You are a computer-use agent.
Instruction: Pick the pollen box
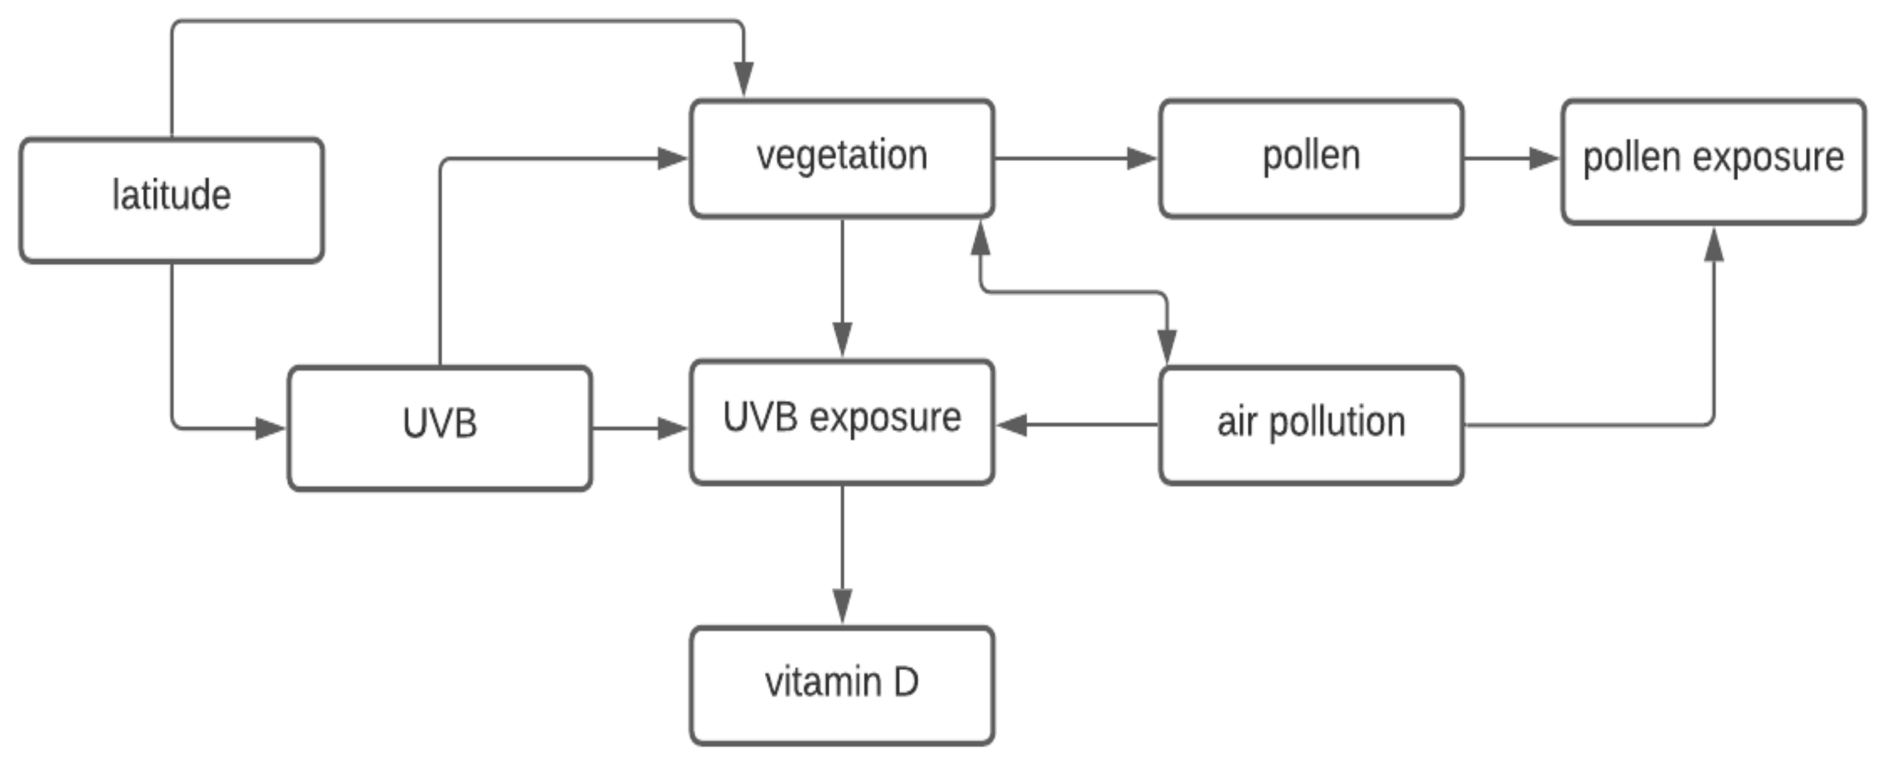pos(1311,157)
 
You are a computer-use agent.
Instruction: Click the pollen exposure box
pos(1713,161)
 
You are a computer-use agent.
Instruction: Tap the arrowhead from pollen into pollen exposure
pos(1544,158)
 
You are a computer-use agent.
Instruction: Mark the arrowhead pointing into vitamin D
pos(842,606)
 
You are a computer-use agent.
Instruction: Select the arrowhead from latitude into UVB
pos(270,428)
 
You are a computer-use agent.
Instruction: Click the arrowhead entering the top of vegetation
pos(744,78)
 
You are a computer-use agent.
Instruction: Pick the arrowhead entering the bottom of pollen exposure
pos(1714,245)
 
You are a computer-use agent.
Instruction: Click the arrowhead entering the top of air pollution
pos(1167,346)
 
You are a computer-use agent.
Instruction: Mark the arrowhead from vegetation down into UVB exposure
pos(842,339)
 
